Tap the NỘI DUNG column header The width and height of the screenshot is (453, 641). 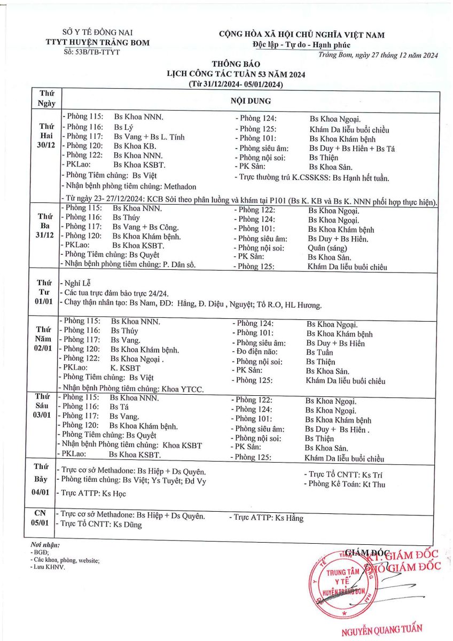[250, 100]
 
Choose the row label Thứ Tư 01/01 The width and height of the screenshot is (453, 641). [44, 293]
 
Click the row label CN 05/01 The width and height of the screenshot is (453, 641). [42, 518]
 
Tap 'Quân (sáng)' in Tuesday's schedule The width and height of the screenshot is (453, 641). [327, 248]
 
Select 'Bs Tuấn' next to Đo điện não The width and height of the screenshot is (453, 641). [319, 352]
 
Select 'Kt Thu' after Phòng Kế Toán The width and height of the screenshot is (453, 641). [374, 484]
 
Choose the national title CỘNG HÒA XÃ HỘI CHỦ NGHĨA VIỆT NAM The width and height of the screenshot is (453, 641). [301, 35]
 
